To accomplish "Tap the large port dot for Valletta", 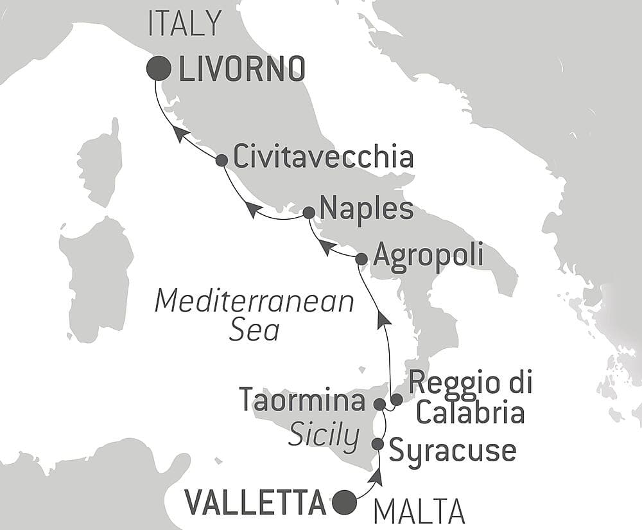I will coord(345,501).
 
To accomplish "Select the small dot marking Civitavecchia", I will coord(221,160).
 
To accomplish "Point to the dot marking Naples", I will coord(308,212).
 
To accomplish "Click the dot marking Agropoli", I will coord(361,259).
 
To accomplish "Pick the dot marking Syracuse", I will coord(377,444).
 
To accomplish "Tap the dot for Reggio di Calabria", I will coord(397,400).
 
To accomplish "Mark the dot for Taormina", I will coord(379,405).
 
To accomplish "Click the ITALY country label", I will coord(184,24).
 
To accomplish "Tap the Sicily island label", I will coord(323,437).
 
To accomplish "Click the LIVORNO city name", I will coord(241,69).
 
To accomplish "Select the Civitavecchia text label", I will coord(323,157).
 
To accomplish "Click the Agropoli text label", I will coord(428,256).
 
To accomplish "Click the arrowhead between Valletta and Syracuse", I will coord(377,477).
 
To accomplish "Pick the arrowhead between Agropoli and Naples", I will coord(326,247).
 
